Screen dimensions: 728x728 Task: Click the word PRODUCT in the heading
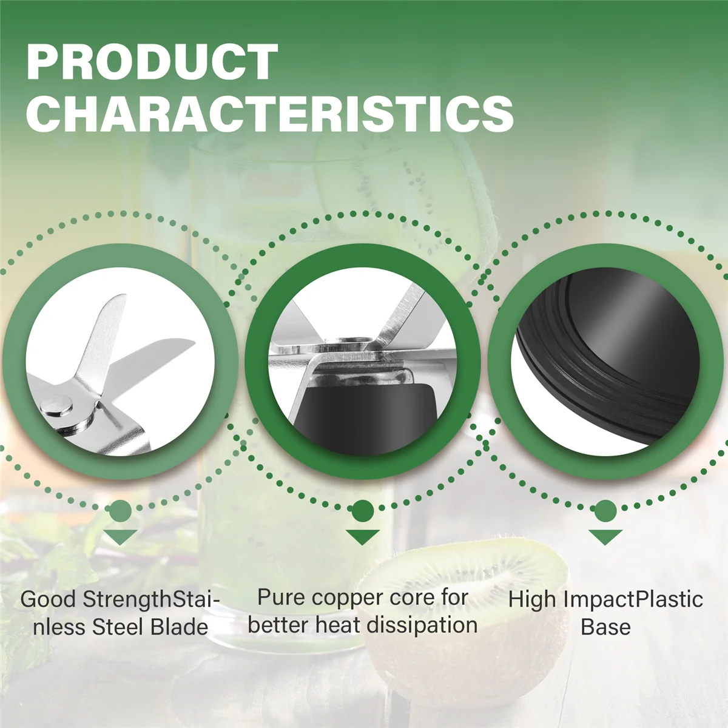coord(152,62)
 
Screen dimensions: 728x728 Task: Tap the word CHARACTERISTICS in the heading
coord(270,113)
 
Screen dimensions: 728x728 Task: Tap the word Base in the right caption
coord(605,627)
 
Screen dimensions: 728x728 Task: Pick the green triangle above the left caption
coord(121,537)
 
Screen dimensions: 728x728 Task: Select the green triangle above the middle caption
coord(362,537)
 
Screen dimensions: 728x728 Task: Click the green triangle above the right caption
coord(605,537)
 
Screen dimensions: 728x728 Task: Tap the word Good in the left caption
coord(49,599)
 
